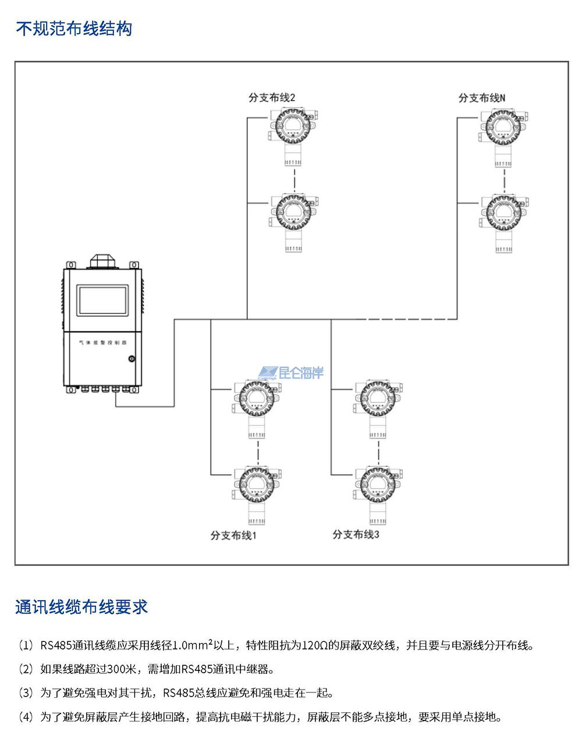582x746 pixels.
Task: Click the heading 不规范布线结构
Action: click(74, 28)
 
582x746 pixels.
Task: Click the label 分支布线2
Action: click(272, 98)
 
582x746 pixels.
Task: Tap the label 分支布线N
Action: click(482, 98)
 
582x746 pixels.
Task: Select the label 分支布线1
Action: click(233, 535)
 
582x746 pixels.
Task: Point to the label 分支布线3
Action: click(356, 534)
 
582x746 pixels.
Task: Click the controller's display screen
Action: click(102, 301)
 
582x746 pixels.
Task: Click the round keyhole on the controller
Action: click(132, 359)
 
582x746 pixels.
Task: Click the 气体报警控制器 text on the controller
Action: click(102, 343)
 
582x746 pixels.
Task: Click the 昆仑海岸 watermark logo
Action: click(292, 373)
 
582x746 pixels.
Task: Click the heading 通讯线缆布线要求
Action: click(81, 606)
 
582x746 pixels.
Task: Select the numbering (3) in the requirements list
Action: click(26, 693)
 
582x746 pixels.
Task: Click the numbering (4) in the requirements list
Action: click(26, 717)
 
